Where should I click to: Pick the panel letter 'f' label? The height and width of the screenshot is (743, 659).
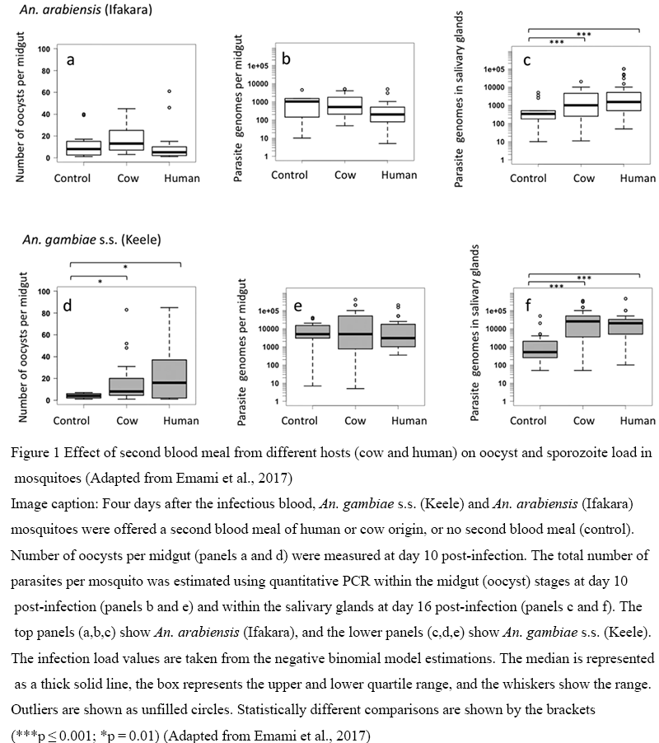coord(528,306)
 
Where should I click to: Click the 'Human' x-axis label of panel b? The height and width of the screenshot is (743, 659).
coord(400,175)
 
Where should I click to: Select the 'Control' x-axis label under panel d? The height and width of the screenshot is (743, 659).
coord(72,420)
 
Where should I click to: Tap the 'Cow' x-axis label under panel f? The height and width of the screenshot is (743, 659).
coord(583,420)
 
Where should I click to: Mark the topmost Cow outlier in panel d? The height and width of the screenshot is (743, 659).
coord(127,310)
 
